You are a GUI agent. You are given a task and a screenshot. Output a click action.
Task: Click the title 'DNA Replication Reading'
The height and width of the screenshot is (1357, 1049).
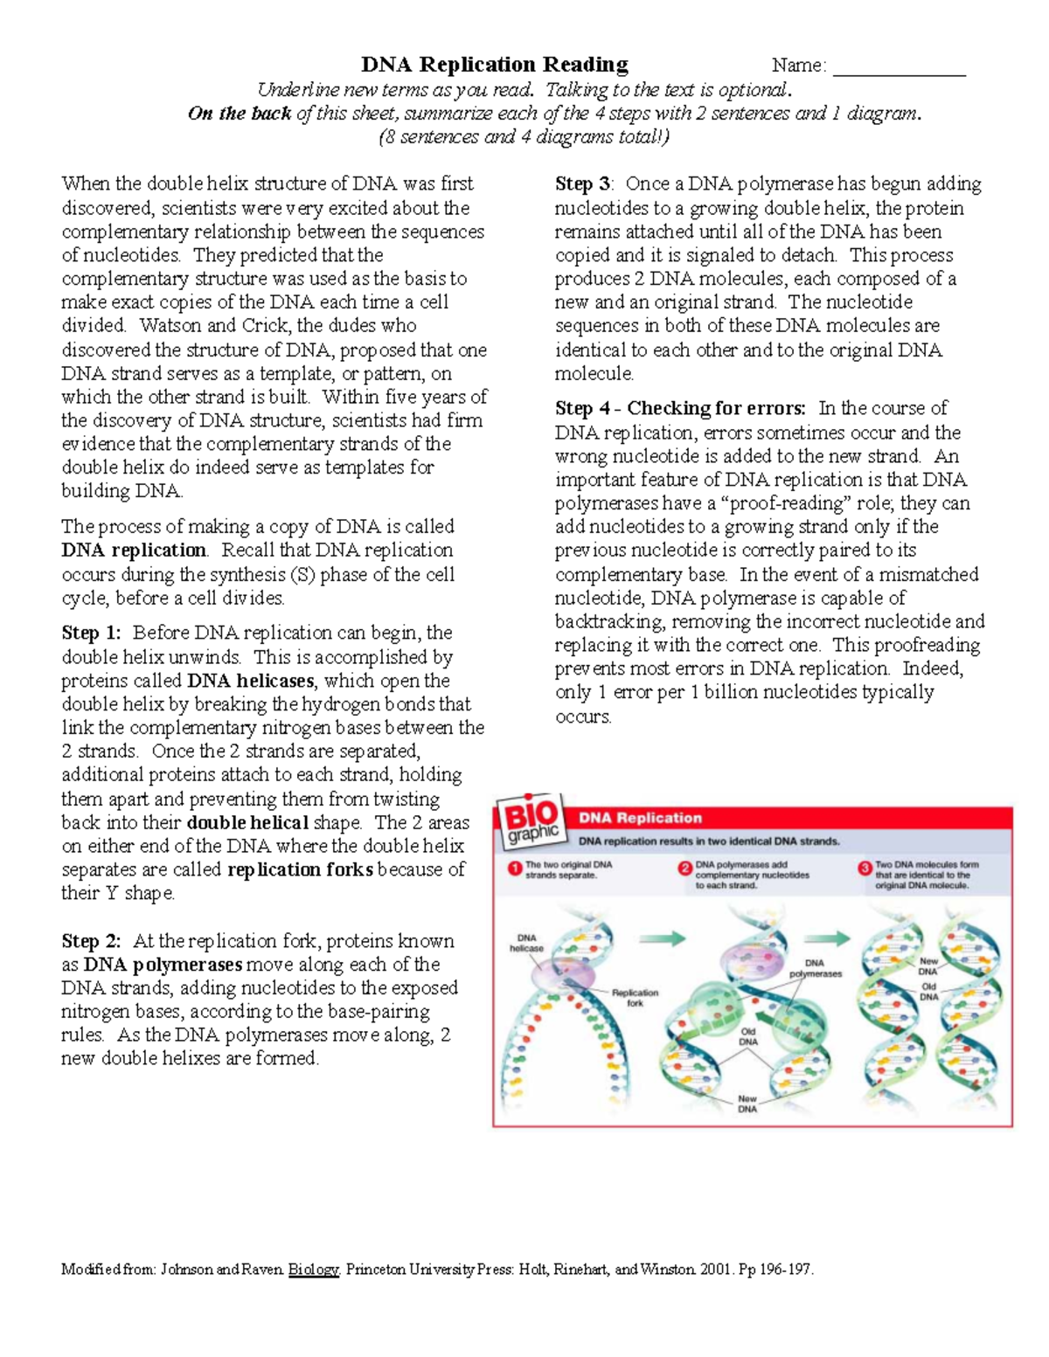[x=495, y=65]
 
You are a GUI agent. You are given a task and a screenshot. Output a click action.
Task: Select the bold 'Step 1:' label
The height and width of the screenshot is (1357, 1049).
[x=91, y=633]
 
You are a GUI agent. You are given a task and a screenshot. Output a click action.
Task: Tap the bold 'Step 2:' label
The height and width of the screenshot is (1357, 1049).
[x=91, y=941]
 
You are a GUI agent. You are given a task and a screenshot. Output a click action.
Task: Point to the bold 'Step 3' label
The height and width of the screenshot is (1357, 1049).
[x=583, y=184]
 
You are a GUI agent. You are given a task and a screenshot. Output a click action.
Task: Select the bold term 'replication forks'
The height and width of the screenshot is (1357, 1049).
[x=300, y=869]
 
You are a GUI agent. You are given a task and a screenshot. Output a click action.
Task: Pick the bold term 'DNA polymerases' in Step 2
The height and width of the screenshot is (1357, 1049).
[x=163, y=965]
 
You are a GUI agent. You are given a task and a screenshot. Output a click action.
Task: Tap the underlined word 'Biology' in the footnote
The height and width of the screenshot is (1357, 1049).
[x=313, y=1270]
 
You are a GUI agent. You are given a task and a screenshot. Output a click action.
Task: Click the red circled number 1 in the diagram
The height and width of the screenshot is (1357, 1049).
[x=516, y=869]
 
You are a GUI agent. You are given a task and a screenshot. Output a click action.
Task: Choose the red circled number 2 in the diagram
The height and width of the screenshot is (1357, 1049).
[x=685, y=869]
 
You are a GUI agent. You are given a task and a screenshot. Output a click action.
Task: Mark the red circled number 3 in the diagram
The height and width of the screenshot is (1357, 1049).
[x=865, y=869]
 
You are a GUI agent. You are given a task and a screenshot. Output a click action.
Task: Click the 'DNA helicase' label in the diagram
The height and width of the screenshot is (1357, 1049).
[x=526, y=943]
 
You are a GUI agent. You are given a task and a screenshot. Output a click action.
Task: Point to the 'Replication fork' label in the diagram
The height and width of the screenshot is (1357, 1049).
[x=635, y=998]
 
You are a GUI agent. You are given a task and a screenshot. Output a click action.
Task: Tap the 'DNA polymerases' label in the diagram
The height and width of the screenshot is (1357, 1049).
[x=815, y=968]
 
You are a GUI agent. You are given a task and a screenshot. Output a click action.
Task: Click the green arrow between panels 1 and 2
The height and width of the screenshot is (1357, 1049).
[x=662, y=939]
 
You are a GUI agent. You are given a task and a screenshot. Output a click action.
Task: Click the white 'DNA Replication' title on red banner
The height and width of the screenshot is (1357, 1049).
[x=640, y=819]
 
